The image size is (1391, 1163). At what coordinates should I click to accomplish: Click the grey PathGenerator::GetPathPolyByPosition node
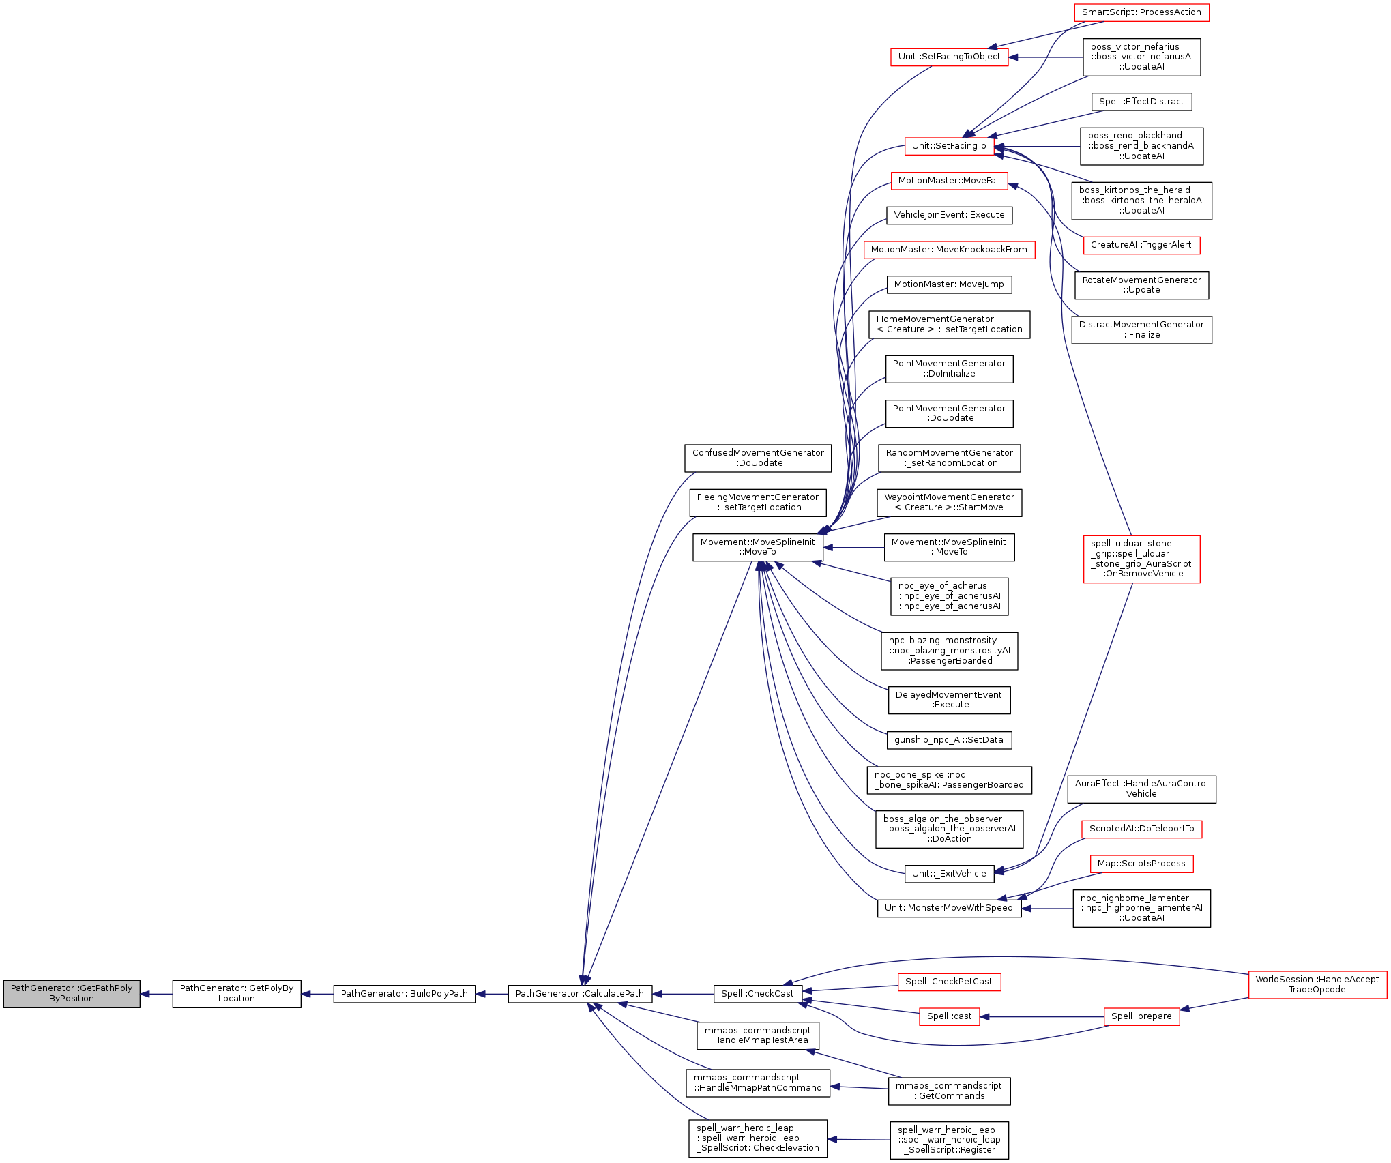pos(72,994)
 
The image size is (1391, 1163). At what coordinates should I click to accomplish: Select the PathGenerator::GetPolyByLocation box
pos(236,994)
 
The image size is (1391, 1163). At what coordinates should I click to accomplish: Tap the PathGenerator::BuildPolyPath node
pos(404,994)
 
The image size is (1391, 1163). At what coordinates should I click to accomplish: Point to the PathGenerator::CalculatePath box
pos(579,994)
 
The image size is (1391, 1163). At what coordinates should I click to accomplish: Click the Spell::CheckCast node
pos(757,994)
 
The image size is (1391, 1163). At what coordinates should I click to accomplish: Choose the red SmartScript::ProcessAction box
pos(1141,12)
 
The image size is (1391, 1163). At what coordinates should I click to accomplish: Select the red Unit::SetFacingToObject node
pos(949,57)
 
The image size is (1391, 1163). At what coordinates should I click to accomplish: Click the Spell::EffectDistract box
pos(1141,102)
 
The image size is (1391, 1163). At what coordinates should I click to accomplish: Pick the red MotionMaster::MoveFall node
pos(949,181)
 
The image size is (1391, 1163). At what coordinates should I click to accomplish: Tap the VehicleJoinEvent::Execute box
pos(949,215)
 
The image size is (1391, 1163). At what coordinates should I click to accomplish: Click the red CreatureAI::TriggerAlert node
pos(1141,245)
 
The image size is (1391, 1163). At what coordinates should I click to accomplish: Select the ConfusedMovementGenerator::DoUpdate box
pos(758,458)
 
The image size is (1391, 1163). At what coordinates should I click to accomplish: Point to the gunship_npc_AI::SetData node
pos(949,740)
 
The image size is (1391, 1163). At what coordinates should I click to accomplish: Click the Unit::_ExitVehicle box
pos(949,874)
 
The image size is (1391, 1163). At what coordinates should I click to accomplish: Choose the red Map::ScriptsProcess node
pos(1141,864)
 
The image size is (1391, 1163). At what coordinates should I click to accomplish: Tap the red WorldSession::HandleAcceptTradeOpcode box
pos(1317,984)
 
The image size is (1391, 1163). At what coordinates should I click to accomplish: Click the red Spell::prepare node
pos(1141,1016)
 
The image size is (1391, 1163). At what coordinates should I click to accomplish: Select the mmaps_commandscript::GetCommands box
pos(949,1091)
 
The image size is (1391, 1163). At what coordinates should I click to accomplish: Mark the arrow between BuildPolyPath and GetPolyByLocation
pos(317,994)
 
